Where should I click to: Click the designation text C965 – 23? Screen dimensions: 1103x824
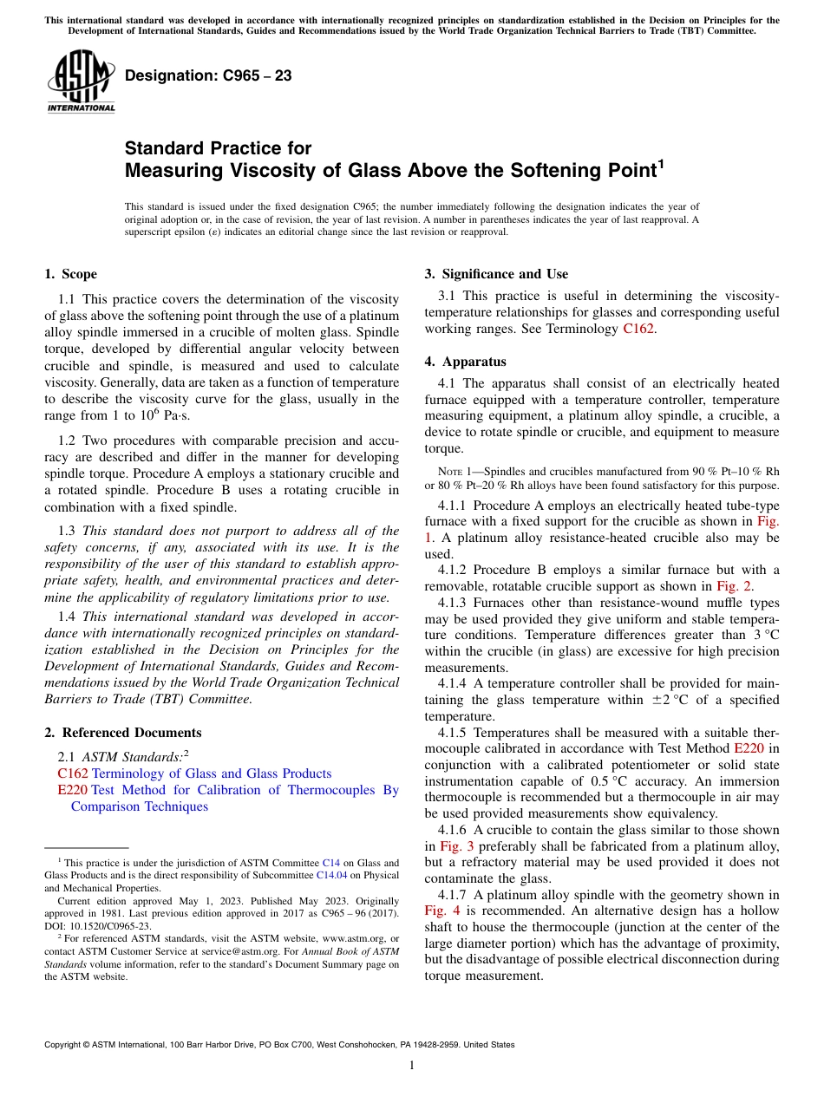click(207, 76)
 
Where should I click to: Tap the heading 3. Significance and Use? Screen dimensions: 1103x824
click(496, 275)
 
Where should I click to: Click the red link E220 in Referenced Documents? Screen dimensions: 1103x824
click(72, 790)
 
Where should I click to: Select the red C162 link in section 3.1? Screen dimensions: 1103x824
click(639, 330)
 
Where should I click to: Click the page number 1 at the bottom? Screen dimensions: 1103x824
click(411, 1066)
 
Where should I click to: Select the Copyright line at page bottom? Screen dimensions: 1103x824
click(278, 1045)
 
